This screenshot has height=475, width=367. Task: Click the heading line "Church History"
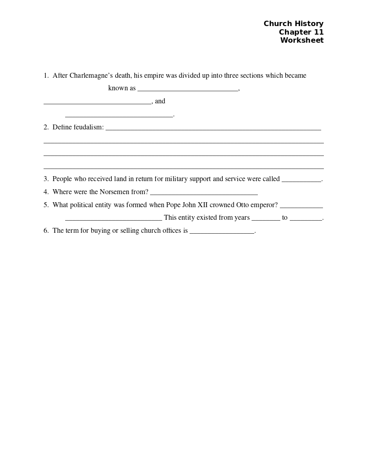pos(293,24)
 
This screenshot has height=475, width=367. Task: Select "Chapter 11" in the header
pos(301,32)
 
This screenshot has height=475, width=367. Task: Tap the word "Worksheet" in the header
pos(302,40)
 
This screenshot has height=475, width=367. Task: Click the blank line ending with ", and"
pos(97,102)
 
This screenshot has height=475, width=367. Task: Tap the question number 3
pos(46,179)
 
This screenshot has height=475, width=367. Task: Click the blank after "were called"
pos(301,180)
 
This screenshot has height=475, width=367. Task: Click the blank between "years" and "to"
pos(265,219)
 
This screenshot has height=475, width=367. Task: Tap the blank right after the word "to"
pos(306,219)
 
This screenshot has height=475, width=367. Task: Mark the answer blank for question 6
pos(222,232)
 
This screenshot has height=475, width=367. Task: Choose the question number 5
pos(46,205)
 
